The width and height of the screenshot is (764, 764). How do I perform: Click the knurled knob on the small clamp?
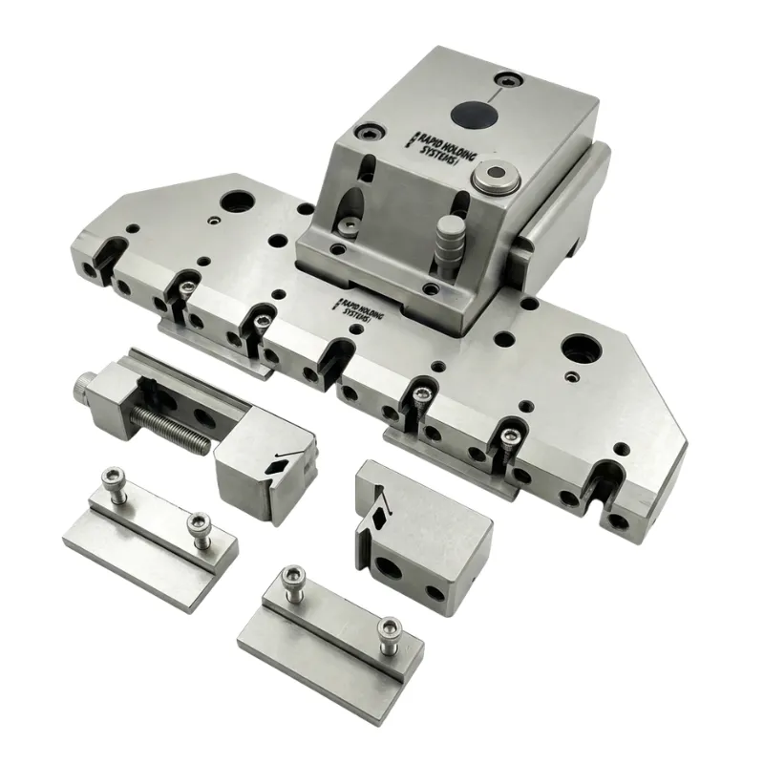click(x=84, y=387)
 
